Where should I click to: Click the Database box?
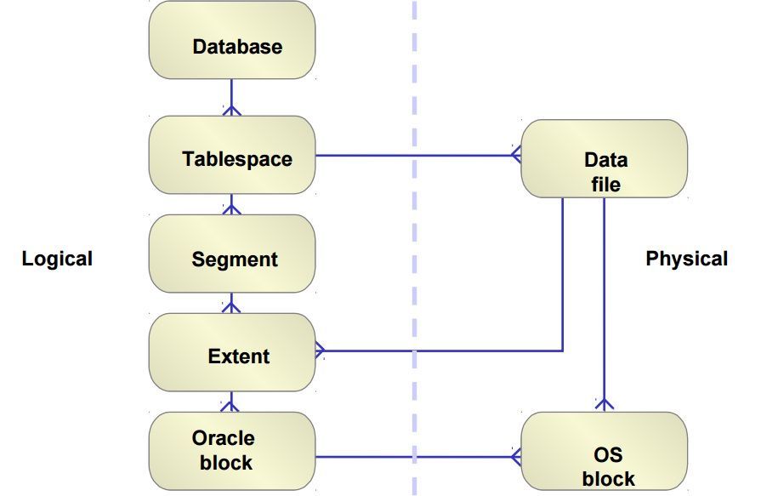[x=232, y=40]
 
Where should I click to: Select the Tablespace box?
[x=232, y=155]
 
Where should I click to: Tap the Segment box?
[x=232, y=254]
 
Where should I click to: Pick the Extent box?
[x=232, y=352]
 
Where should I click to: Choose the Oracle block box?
[x=232, y=451]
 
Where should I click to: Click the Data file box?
[x=605, y=158]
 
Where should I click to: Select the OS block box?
[x=605, y=451]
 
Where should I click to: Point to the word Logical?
[x=57, y=259]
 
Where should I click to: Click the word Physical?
[x=687, y=259]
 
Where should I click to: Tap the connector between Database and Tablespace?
[x=231, y=97]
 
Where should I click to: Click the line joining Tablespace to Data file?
[x=418, y=156]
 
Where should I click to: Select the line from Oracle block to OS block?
[x=418, y=457]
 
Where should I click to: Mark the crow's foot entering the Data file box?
[x=516, y=155]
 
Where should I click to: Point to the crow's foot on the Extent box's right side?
[x=321, y=351]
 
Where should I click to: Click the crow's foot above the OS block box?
[x=605, y=404]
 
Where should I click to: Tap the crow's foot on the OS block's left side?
[x=516, y=457]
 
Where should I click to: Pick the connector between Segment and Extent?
[x=231, y=303]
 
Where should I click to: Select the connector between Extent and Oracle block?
[x=231, y=402]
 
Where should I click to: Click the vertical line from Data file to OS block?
[x=605, y=305]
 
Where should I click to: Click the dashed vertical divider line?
[x=414, y=248]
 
